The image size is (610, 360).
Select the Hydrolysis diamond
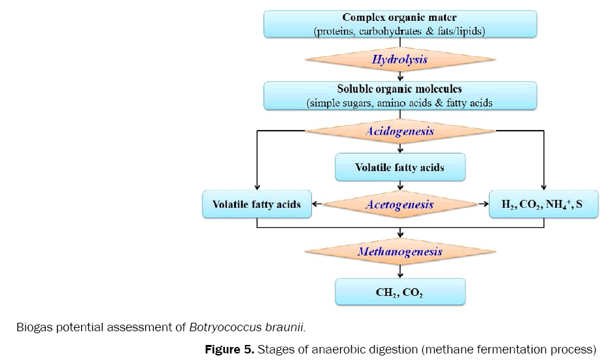(x=399, y=60)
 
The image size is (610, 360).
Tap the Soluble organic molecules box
(x=399, y=95)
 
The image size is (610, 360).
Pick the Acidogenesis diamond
(x=399, y=131)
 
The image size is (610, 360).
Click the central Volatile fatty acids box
(x=399, y=167)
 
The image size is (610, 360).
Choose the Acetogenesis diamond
(x=399, y=205)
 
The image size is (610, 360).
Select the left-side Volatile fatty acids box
(x=256, y=205)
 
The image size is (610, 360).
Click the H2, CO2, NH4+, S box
(x=542, y=205)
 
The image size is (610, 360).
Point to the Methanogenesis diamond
(x=399, y=252)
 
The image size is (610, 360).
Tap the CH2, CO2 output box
(x=399, y=292)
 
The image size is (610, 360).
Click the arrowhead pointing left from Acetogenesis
(x=315, y=205)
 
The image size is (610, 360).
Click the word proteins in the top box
(x=334, y=31)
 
